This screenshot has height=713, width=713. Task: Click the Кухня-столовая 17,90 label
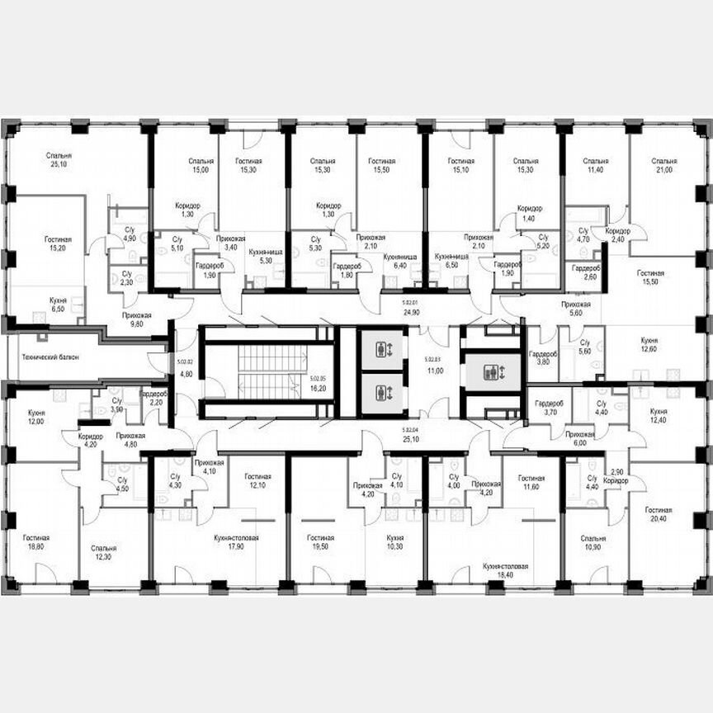coord(236,542)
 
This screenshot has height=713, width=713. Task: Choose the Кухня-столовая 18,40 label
coord(505,572)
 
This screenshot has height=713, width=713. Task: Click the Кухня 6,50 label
coord(58,303)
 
